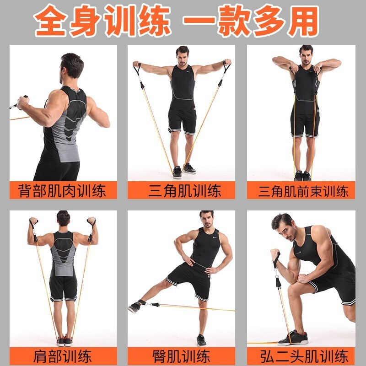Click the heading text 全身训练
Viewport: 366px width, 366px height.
pyautogui.click(x=102, y=21)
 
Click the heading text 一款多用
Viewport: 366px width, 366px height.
pyautogui.click(x=251, y=21)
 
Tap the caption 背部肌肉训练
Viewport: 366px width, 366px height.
pyautogui.click(x=62, y=191)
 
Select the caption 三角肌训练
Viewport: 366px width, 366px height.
pyautogui.click(x=184, y=191)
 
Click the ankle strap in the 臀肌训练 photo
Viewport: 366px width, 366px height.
pyautogui.click(x=142, y=302)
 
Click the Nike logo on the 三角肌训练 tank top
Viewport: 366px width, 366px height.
pyautogui.click(x=188, y=71)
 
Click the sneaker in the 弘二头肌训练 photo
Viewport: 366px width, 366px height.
pyautogui.click(x=293, y=338)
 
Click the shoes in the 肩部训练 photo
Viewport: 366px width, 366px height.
pyautogui.click(x=65, y=341)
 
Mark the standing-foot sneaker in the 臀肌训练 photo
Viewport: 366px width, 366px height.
pyautogui.click(x=201, y=340)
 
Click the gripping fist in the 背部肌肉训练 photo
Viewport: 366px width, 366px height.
pyautogui.click(x=23, y=102)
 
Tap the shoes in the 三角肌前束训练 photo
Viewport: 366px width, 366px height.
pyautogui.click(x=302, y=176)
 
